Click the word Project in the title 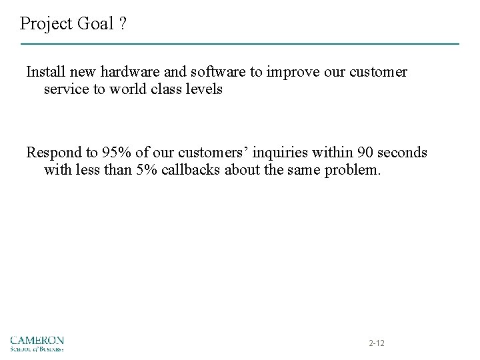tap(44, 24)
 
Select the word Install tap(44, 71)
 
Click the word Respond tap(51, 153)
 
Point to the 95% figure tap(109, 153)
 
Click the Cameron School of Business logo tap(37, 342)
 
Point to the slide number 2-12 tap(377, 343)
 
